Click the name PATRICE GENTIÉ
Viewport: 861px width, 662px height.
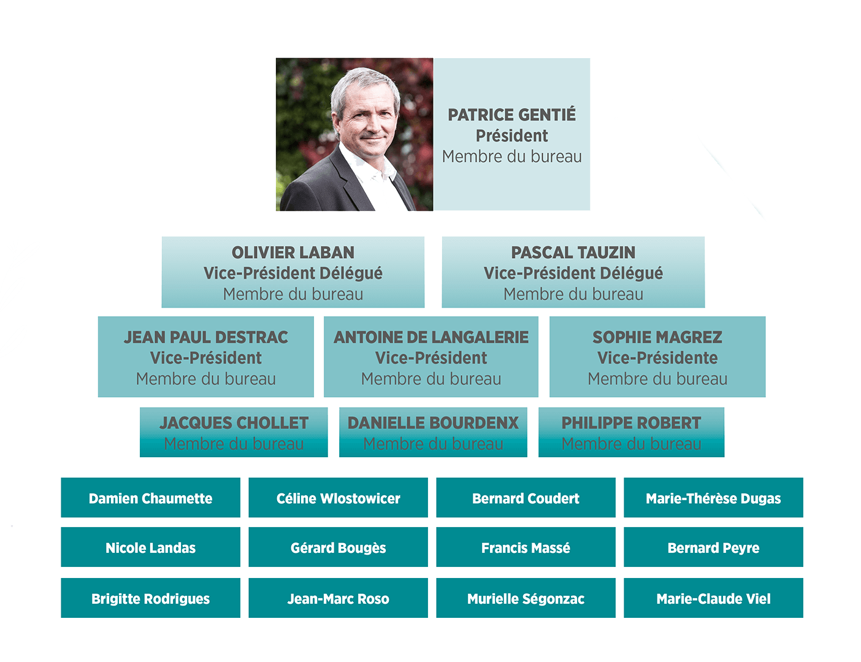tap(511, 115)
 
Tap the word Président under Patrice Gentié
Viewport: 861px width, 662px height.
tap(511, 135)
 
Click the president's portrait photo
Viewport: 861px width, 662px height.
tap(354, 134)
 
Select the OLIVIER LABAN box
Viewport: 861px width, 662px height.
tap(293, 272)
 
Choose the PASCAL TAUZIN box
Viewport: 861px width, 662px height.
tap(573, 272)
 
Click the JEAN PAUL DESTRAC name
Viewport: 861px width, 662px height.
tap(205, 337)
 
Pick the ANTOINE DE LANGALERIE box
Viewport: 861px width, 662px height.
tap(431, 357)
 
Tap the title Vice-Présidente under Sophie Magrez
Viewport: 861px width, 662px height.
tap(657, 358)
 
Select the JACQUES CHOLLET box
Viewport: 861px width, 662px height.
tap(234, 432)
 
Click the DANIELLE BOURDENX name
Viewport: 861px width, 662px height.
tap(433, 423)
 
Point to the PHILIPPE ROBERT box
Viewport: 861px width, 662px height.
tap(631, 432)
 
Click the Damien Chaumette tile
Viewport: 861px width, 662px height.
tap(150, 498)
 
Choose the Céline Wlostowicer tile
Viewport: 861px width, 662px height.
tap(338, 498)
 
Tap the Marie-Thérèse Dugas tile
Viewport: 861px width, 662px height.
tap(713, 498)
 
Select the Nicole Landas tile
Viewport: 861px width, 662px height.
tap(150, 547)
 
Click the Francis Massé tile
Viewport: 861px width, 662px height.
tap(526, 547)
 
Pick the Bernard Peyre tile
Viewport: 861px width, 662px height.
tap(713, 547)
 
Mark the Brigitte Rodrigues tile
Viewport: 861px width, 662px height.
tap(150, 598)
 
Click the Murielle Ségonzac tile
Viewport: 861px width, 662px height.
tap(526, 598)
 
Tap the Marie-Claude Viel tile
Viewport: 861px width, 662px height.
tap(713, 598)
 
